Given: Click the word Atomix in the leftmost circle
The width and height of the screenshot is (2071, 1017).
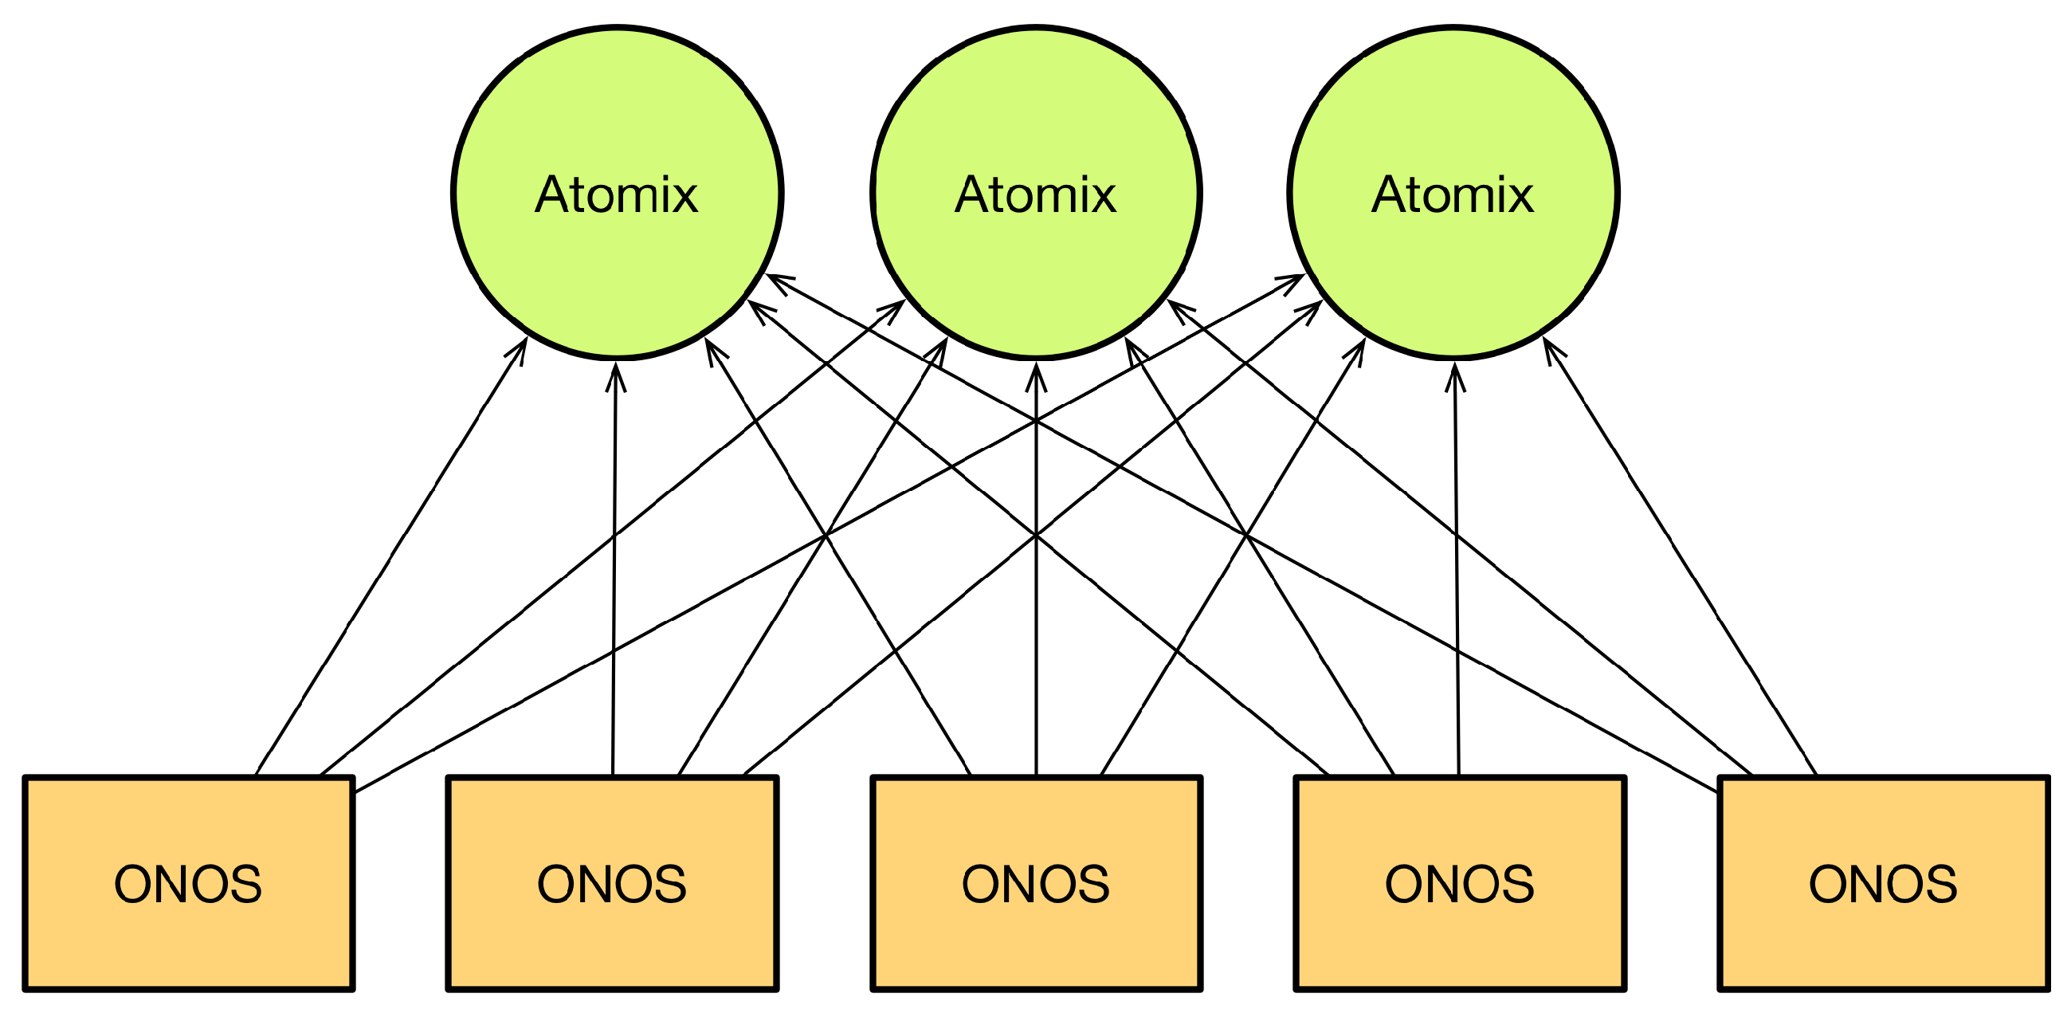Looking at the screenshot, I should tap(617, 194).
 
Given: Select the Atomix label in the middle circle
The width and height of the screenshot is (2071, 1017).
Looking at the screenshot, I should tap(1036, 194).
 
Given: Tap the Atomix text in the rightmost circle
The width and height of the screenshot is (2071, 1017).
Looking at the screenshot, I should tap(1453, 194).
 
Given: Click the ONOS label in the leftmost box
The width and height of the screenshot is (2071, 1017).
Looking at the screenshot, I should tap(188, 885).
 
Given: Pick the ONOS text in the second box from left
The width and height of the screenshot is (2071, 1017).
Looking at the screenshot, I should tap(612, 885).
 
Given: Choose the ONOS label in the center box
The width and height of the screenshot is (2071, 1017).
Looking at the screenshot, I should tap(1036, 885).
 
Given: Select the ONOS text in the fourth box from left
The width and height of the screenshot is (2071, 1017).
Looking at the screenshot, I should tap(1459, 885).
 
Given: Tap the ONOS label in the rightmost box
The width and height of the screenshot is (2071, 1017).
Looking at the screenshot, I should tap(1883, 885).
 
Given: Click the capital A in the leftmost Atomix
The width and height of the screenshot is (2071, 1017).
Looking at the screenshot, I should tap(554, 194).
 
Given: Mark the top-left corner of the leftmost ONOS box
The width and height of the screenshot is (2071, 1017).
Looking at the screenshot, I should tap(25, 778).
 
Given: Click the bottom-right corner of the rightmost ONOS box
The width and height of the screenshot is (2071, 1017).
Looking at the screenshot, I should tap(2047, 988).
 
